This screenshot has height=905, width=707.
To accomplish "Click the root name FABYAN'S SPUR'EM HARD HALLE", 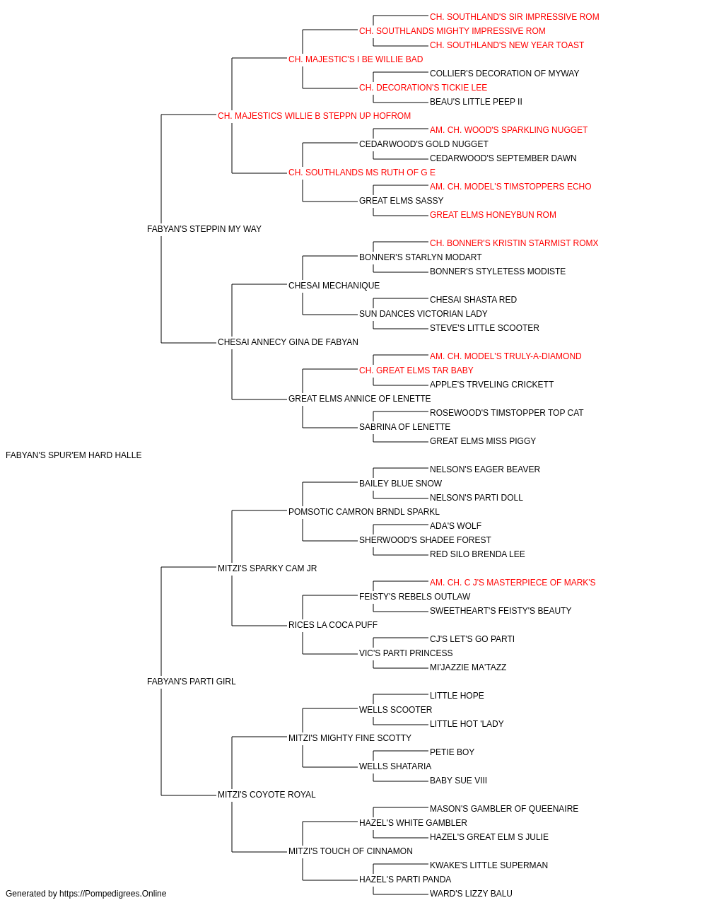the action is [x=74, y=455].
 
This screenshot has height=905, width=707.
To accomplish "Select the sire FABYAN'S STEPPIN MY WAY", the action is [x=204, y=229].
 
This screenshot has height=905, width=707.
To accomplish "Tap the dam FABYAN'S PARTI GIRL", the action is [x=191, y=682].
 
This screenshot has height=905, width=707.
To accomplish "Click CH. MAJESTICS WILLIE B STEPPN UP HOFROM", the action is [x=314, y=116].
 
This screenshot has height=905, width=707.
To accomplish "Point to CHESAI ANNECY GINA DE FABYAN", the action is [x=288, y=342].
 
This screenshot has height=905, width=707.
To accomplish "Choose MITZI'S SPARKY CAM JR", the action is [x=267, y=568].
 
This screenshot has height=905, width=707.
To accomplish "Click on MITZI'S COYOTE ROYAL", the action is [x=267, y=794].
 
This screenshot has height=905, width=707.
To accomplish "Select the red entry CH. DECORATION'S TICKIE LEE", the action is [x=423, y=88].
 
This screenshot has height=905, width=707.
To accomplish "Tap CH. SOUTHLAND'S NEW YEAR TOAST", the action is [x=507, y=45].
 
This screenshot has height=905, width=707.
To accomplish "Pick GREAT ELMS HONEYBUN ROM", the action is [x=493, y=215].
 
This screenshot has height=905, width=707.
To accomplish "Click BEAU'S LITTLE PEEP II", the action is [x=476, y=102].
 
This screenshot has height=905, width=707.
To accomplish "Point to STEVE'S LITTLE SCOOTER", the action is [x=484, y=328].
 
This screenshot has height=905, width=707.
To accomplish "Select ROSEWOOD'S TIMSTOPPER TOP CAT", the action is [x=506, y=413].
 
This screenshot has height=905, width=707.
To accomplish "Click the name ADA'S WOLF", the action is [x=455, y=525].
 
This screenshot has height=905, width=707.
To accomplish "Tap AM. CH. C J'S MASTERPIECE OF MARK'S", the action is [x=513, y=582].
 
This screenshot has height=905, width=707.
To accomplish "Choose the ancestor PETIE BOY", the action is [x=452, y=752].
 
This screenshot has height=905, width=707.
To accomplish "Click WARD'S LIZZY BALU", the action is [x=471, y=894].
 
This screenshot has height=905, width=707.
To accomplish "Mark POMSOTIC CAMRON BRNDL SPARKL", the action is [x=364, y=511].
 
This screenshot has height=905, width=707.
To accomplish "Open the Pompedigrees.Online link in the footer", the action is [x=112, y=894].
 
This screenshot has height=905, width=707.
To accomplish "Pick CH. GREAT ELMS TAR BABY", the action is [x=416, y=370].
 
